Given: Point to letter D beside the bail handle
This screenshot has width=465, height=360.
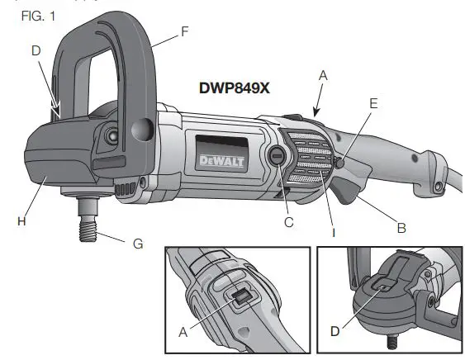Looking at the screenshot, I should tap(36, 51).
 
